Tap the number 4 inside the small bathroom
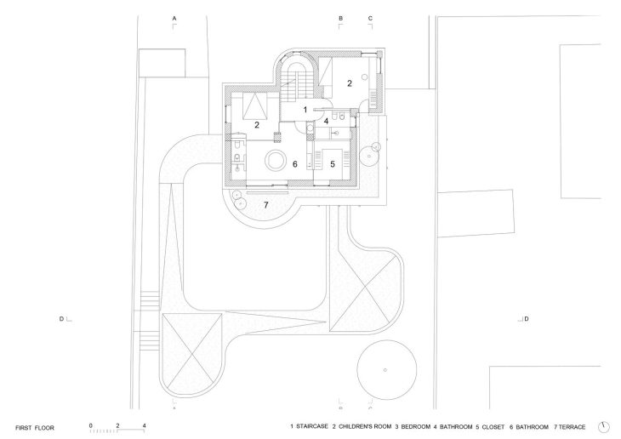tap(325, 120)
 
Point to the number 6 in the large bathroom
tap(295, 164)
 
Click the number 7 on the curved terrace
tap(265, 205)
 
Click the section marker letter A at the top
tap(174, 18)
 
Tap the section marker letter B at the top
tap(340, 18)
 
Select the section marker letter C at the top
tap(369, 18)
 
